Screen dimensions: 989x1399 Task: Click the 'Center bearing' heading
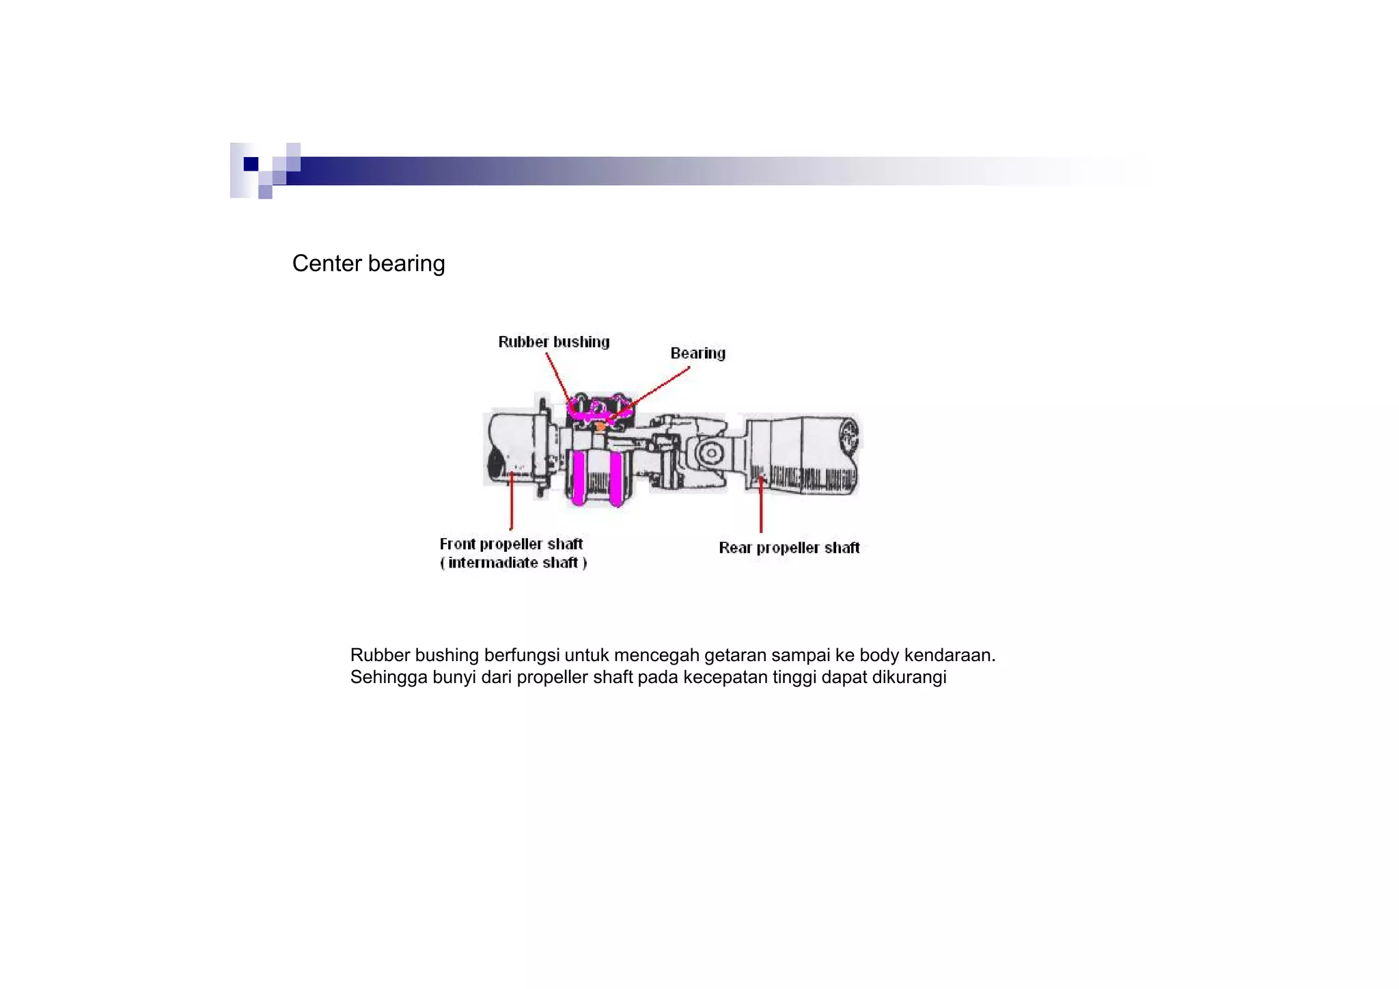(368, 264)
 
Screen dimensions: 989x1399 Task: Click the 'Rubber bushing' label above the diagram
(553, 342)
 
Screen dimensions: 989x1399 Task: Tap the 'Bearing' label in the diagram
(697, 353)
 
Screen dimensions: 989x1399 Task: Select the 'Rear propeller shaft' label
(789, 548)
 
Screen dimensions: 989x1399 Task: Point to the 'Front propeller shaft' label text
(511, 544)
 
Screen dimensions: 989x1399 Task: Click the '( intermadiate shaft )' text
(513, 563)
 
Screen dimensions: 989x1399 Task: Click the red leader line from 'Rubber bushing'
(557, 376)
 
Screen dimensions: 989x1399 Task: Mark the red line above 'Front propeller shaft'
(512, 502)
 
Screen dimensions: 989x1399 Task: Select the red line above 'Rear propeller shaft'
(761, 505)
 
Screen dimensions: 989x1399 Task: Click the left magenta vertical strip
(578, 477)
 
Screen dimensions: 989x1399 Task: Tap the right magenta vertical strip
(615, 479)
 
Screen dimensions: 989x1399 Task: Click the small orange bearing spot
(600, 427)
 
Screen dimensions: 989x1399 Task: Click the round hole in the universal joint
(711, 453)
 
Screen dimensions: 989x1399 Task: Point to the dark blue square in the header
(251, 164)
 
